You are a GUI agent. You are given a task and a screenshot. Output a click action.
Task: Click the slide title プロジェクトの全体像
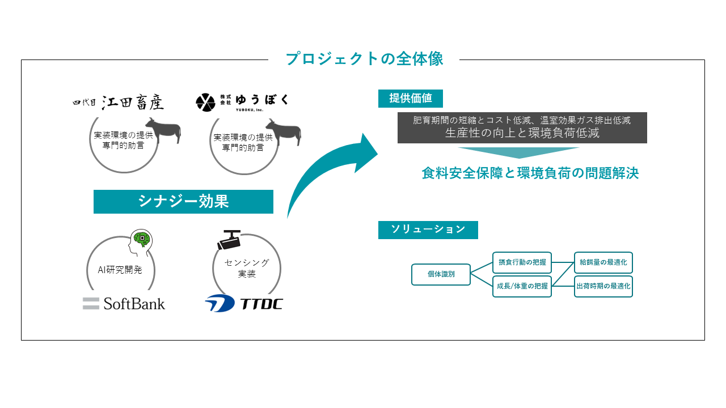[x=364, y=59]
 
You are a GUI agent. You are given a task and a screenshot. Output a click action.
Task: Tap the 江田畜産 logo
[x=119, y=102]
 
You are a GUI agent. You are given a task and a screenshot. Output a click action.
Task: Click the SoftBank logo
[x=124, y=303]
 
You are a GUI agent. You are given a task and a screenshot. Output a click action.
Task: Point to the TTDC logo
[x=243, y=303]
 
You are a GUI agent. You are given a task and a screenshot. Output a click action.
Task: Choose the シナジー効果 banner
[x=183, y=201]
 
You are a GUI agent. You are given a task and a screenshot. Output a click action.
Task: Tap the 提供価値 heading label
[x=410, y=98]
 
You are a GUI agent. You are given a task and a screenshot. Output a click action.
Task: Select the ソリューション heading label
[x=428, y=229]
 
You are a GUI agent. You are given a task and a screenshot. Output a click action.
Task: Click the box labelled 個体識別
[x=441, y=274]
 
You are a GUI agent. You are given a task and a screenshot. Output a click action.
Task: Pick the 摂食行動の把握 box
[x=522, y=262]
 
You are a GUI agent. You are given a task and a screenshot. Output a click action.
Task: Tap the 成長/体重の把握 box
[x=522, y=286]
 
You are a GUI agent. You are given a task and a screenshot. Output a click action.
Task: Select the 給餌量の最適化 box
[x=603, y=262]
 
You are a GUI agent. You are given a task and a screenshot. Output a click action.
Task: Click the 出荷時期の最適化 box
[x=603, y=286]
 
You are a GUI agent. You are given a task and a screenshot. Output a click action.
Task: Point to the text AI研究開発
[x=120, y=270]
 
